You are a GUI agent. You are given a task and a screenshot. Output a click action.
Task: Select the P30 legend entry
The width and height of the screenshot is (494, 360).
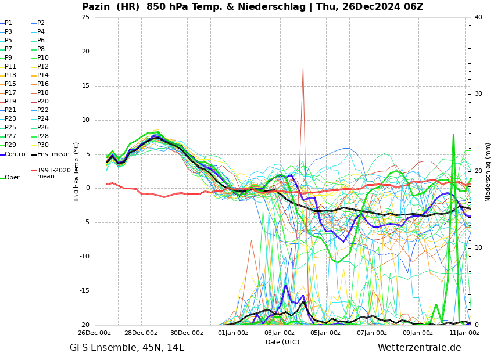42,145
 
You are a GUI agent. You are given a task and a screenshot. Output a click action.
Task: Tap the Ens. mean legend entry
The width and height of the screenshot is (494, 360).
53,154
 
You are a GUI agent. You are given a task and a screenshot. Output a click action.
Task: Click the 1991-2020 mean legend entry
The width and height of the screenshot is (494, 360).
53,173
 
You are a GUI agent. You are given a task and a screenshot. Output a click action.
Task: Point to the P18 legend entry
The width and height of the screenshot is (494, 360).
42,93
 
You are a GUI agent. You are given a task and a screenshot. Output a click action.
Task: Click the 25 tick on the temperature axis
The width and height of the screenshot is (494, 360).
85,17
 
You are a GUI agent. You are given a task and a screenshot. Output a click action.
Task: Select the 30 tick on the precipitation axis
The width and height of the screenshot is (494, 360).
478,94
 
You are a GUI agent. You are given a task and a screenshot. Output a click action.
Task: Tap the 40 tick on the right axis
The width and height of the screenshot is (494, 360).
478,17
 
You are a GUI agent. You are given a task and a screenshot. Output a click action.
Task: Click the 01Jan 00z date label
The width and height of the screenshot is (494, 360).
233,333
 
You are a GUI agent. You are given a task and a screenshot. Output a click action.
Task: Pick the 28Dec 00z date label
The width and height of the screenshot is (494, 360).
141,333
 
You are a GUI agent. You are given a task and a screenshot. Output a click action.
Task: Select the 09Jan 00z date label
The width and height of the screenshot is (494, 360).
418,333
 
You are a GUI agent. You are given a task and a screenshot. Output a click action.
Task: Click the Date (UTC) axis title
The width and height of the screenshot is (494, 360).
282,343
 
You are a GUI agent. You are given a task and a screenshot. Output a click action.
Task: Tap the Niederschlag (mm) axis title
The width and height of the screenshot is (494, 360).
488,172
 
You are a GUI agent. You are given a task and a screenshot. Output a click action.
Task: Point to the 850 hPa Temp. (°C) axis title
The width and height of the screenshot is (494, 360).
77,172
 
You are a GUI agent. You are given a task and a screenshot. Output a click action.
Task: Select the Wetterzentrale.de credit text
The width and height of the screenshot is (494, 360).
419,348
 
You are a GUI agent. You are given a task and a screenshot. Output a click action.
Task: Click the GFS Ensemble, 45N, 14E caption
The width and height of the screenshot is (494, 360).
127,348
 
